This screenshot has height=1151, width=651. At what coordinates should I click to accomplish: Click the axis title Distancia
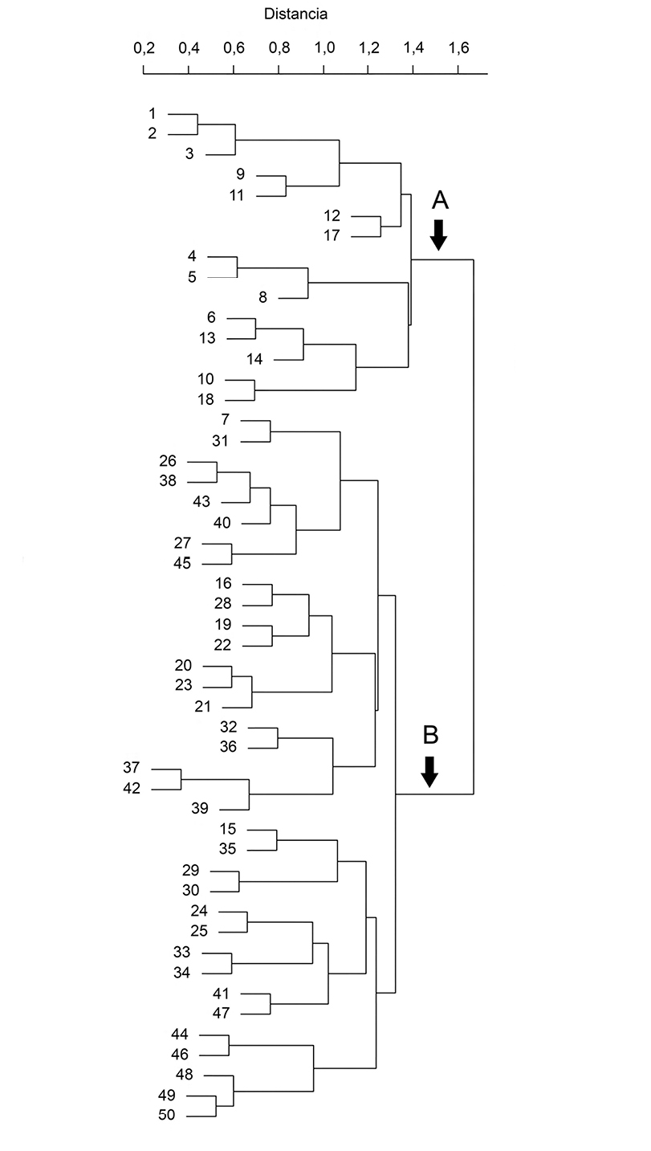296,14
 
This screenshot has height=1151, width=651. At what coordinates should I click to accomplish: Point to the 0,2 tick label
144,48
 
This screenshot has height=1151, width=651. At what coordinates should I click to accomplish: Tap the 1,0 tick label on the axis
324,48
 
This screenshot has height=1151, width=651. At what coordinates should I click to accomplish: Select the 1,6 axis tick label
458,48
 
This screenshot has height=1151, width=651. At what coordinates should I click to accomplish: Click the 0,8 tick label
279,48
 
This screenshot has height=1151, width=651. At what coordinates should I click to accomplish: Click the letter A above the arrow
438,200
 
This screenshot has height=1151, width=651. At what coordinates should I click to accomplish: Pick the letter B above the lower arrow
430,734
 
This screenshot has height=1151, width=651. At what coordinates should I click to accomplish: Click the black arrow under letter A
438,234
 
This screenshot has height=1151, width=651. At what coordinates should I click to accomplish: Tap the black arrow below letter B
430,770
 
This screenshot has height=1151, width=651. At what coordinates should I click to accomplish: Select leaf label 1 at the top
153,113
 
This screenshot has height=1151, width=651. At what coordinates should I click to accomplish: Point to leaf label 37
132,768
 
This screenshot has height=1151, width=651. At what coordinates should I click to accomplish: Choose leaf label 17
332,235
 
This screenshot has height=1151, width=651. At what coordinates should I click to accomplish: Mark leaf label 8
262,298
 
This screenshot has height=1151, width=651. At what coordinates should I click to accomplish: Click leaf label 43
201,502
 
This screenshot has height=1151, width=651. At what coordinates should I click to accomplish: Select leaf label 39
201,808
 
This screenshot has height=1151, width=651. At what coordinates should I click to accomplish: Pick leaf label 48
185,1074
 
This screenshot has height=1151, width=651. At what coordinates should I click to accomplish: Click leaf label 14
254,359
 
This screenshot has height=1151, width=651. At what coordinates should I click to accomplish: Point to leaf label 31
221,441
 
